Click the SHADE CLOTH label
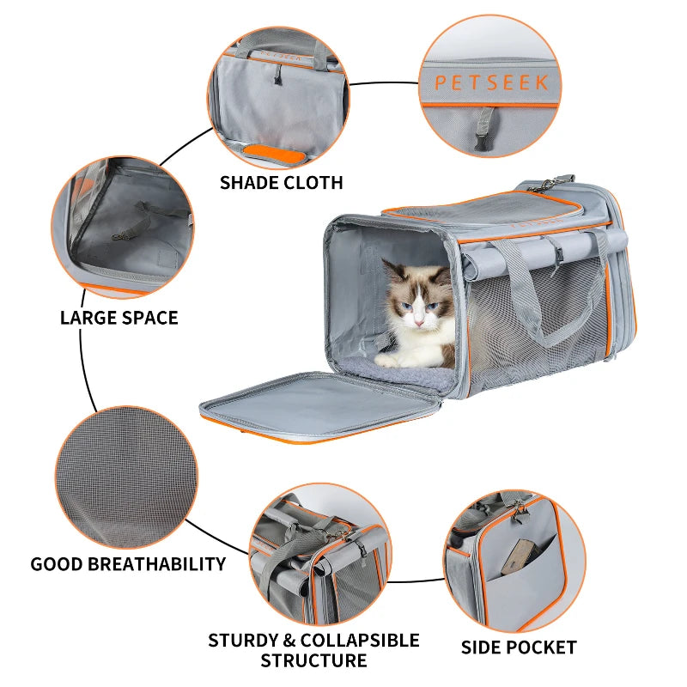point(281,182)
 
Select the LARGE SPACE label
point(119,318)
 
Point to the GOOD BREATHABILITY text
point(128,564)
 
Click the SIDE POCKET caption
point(519,647)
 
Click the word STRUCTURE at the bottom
point(313,660)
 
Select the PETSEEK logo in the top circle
point(490,83)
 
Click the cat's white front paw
point(391,361)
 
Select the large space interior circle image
point(123,224)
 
